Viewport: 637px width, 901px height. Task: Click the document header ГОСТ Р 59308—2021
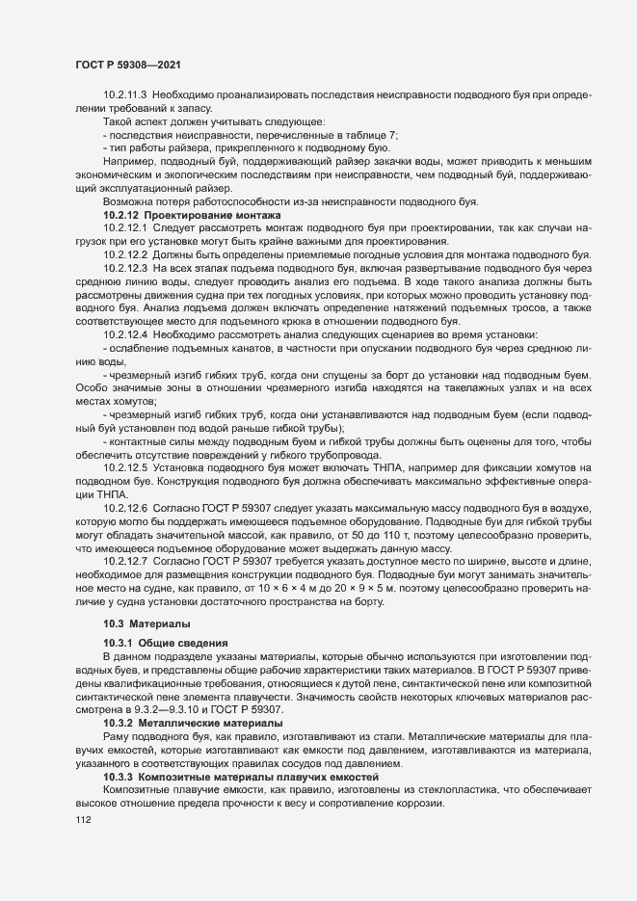[125, 65]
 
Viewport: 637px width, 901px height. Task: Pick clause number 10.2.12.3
[124, 267]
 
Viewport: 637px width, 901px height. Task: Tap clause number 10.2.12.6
[124, 507]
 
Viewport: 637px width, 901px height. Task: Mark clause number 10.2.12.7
[124, 560]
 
